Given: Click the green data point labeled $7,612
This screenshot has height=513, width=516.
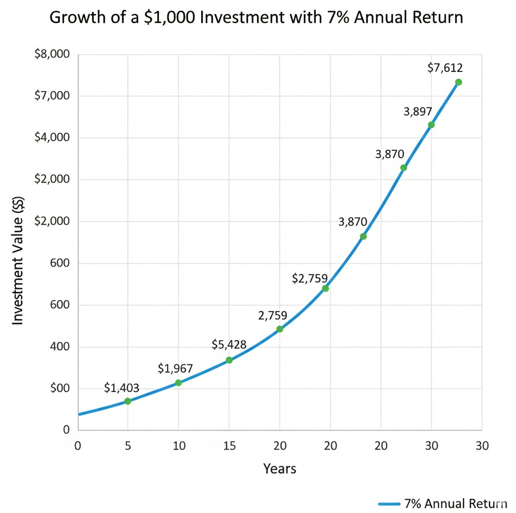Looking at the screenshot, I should click(x=458, y=82).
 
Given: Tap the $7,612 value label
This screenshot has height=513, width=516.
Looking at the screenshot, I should click(x=445, y=68).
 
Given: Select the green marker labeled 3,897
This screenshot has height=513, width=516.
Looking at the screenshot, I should click(x=431, y=125).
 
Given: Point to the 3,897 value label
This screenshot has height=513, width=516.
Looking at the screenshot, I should click(x=418, y=112).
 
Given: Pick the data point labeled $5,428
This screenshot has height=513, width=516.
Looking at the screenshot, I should click(x=229, y=360).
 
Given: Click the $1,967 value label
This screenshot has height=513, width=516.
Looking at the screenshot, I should click(x=175, y=369).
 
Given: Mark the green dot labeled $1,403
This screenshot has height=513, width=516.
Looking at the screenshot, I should click(x=128, y=401).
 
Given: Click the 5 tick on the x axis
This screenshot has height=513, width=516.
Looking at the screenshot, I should click(x=128, y=445).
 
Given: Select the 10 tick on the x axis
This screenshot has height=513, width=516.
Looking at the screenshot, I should click(x=178, y=445).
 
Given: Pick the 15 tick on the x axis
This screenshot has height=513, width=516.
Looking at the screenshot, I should click(x=229, y=445).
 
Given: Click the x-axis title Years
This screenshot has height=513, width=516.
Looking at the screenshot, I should click(x=279, y=469).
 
